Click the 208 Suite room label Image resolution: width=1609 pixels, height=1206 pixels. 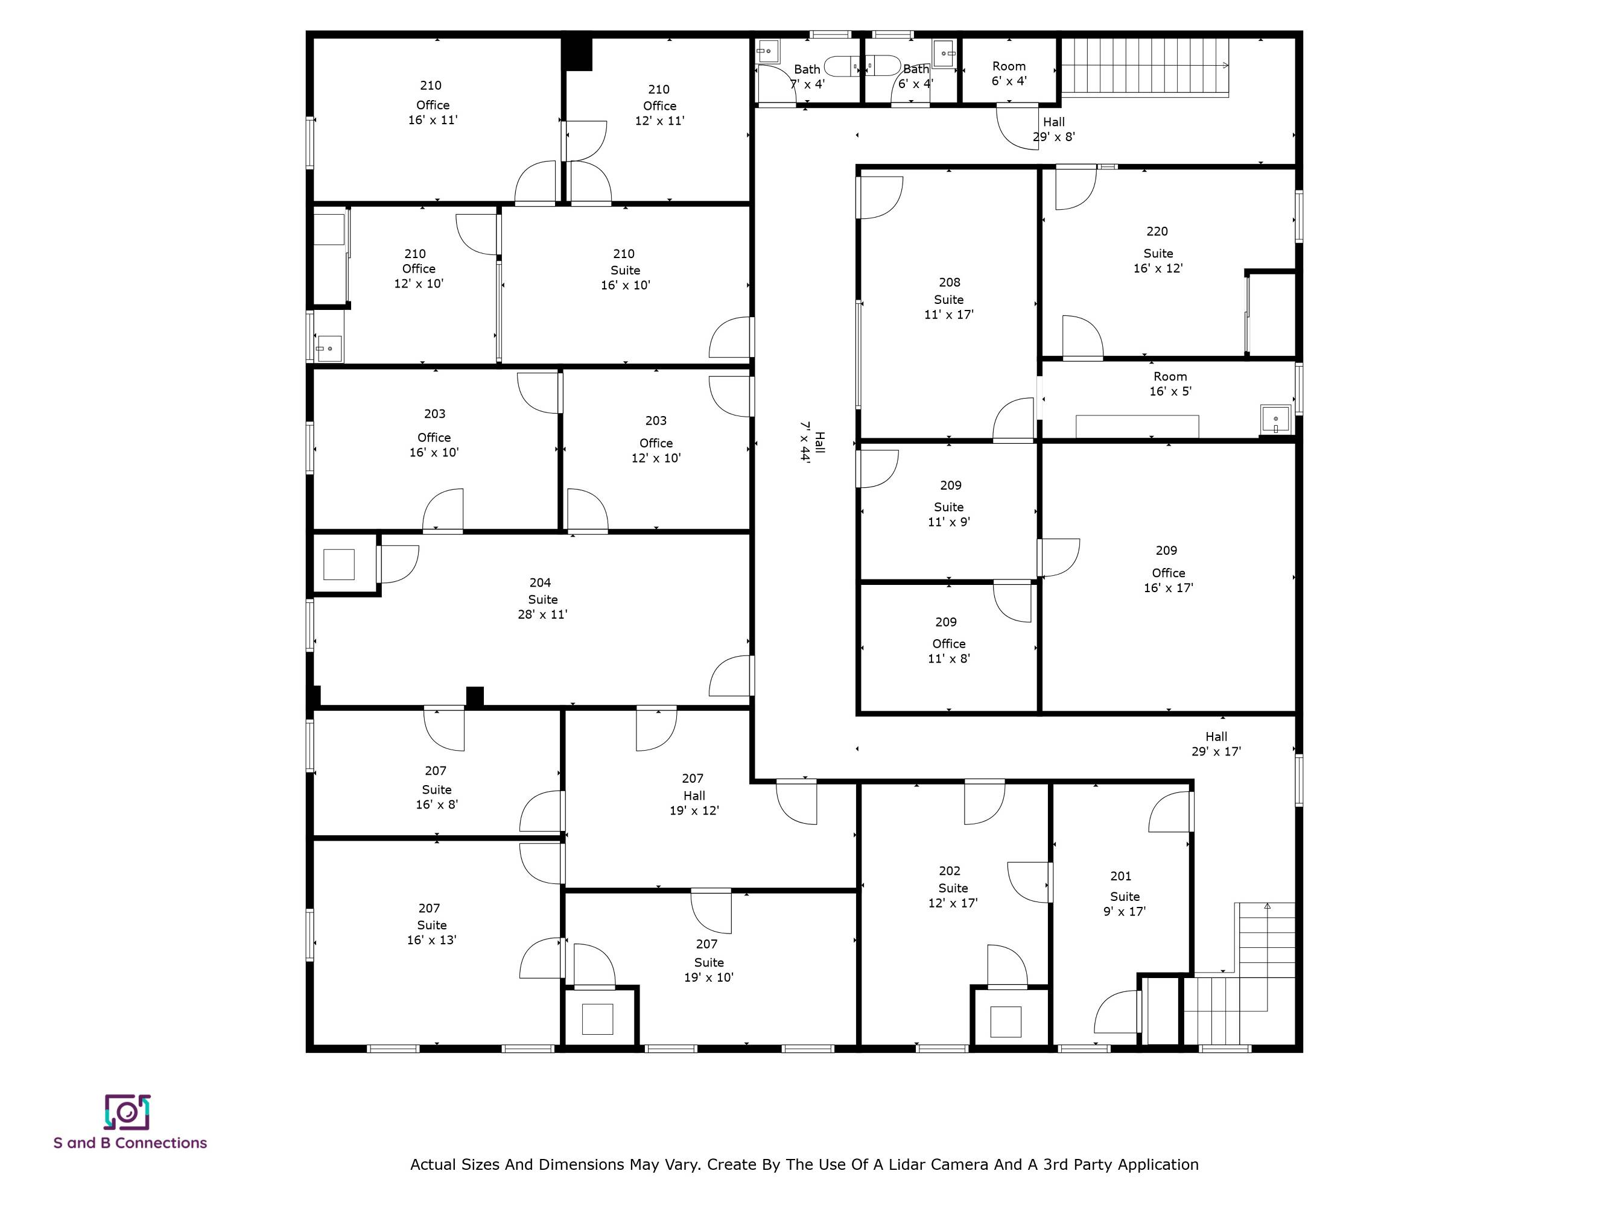948,298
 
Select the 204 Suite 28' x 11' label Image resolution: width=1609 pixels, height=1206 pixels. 542,598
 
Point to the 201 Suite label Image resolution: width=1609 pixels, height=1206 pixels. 1124,894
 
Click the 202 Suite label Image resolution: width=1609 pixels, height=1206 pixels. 952,887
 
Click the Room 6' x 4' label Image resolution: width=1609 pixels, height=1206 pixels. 1009,74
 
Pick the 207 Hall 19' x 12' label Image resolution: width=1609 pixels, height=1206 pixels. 694,795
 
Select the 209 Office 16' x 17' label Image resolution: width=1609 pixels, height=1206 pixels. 1168,569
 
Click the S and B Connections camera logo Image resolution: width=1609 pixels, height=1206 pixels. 127,1112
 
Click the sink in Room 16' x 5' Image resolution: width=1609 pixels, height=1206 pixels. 1275,420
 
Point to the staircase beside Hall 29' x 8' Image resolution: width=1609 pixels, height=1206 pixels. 1145,66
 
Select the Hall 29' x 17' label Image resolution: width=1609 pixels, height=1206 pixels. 1216,743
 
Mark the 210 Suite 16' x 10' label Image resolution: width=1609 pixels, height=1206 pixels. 625,269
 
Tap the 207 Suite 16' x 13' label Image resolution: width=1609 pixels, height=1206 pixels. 431,924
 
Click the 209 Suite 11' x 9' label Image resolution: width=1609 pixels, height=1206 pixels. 949,503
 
